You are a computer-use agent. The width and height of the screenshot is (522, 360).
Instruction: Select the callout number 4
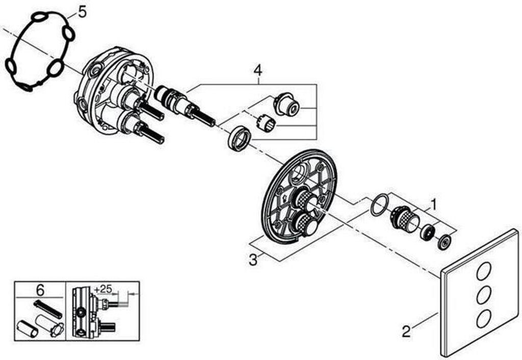pos(258,68)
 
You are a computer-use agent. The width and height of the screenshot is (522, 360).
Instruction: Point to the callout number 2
pos(406,331)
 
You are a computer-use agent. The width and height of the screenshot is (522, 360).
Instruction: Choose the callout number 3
pos(253,259)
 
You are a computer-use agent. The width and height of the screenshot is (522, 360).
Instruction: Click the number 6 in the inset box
pos(40,290)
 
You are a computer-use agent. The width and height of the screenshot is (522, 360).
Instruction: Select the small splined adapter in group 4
pos(266,122)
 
